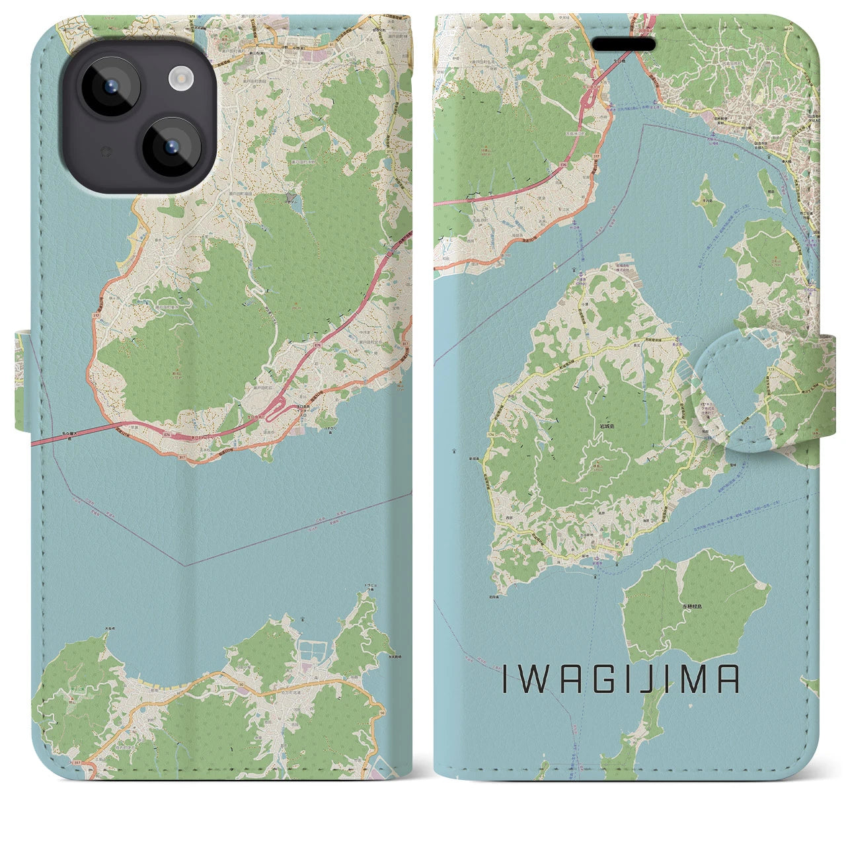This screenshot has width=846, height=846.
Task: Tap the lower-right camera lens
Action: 170,147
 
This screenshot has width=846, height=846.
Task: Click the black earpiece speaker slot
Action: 623,44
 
